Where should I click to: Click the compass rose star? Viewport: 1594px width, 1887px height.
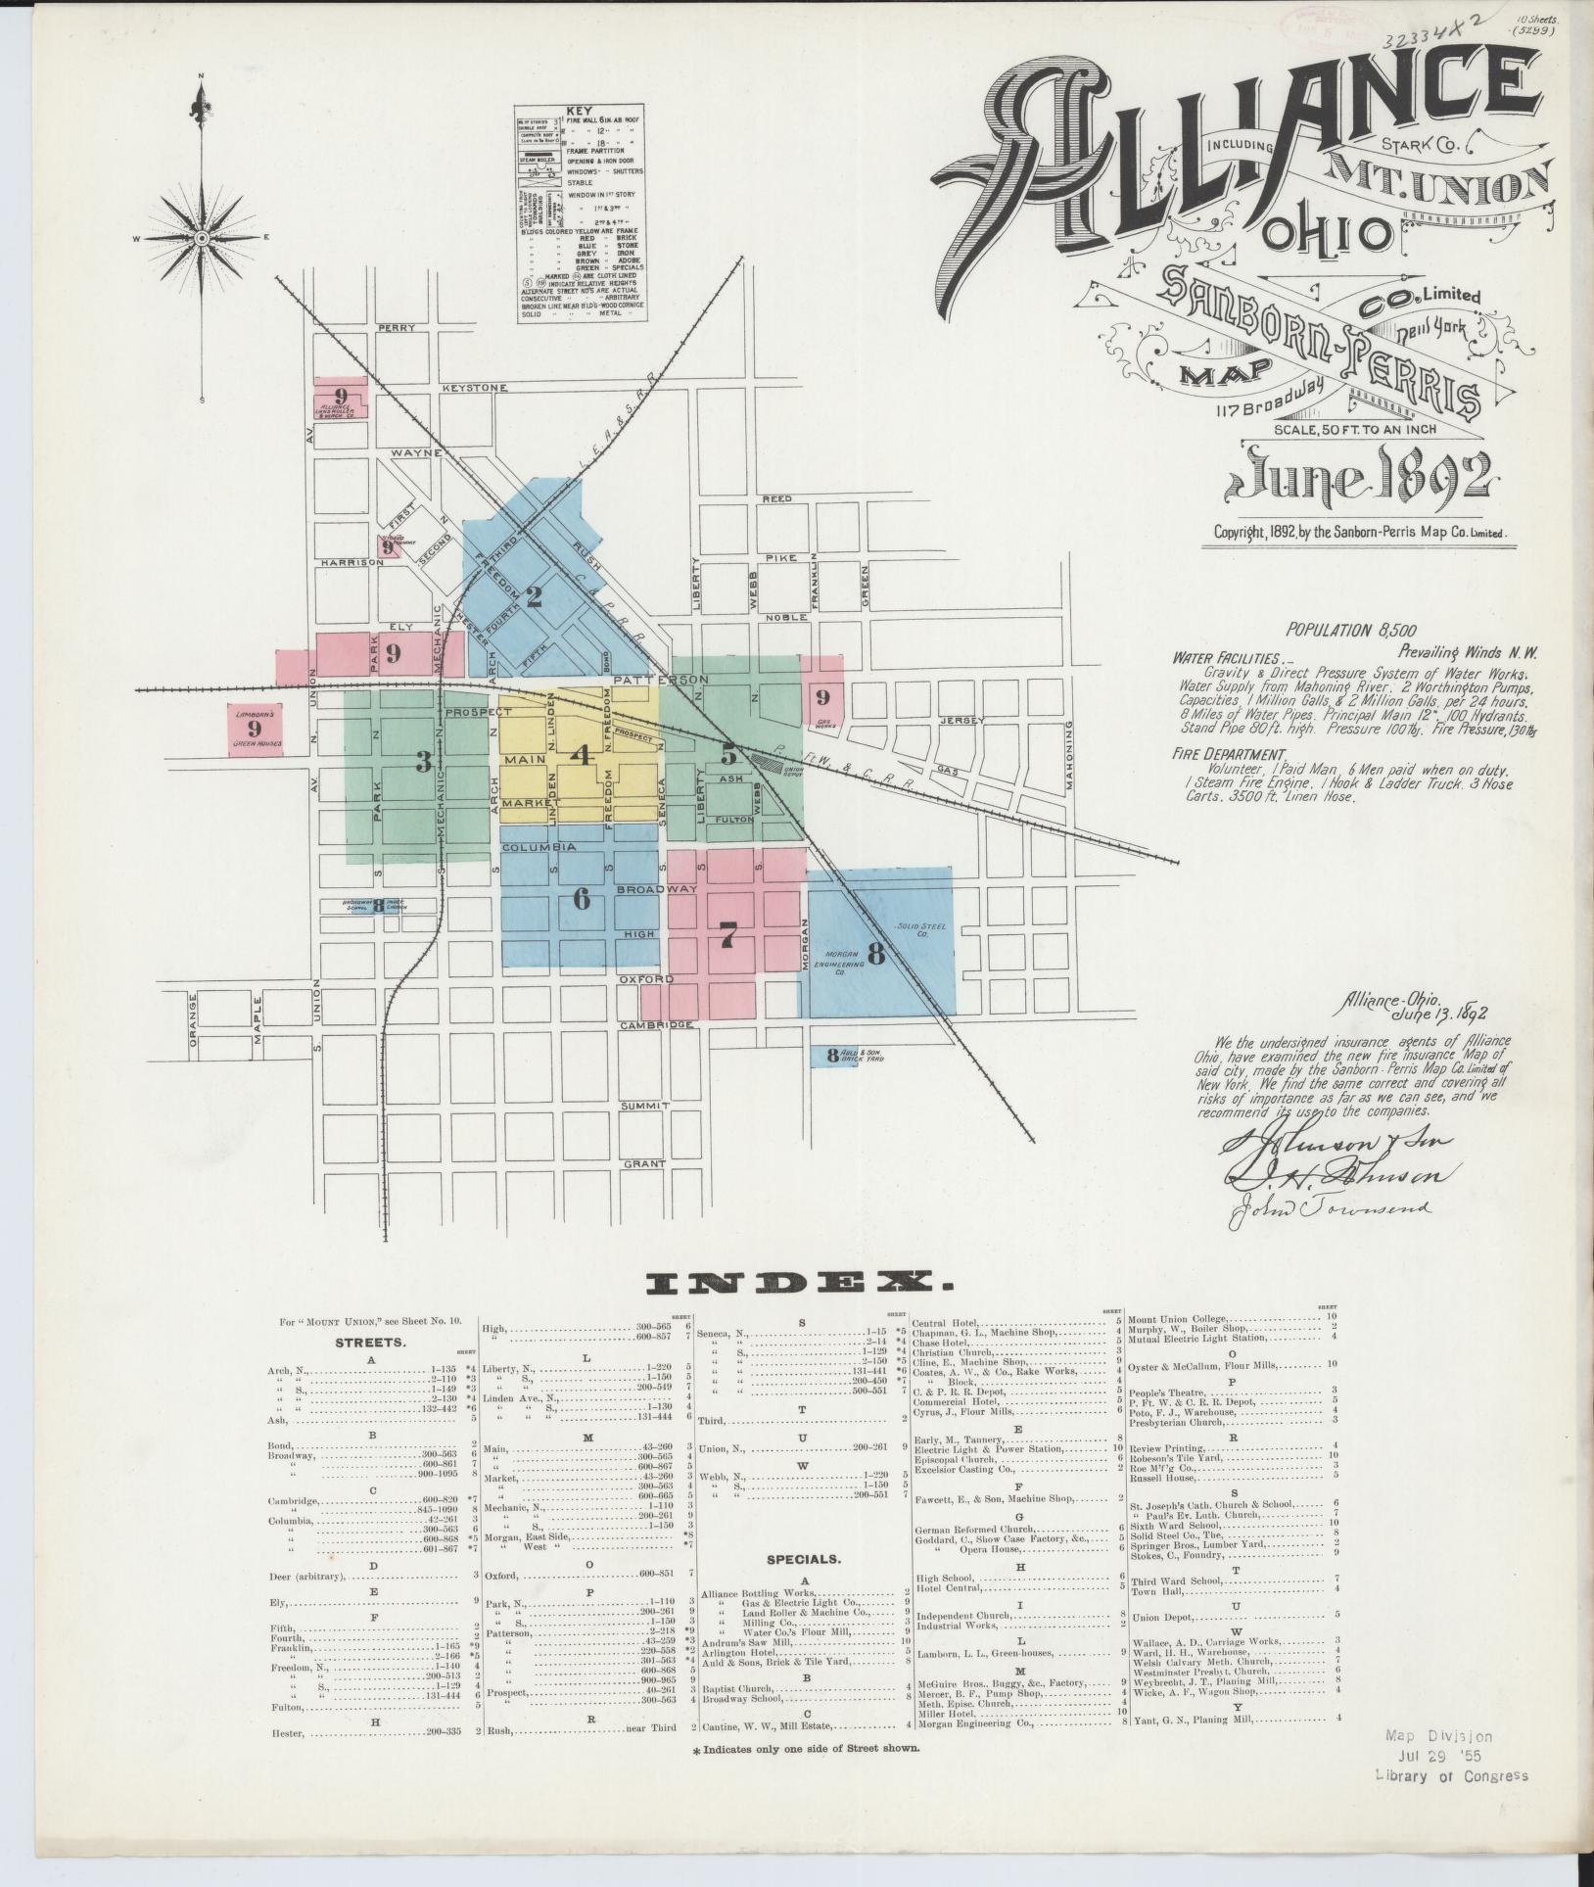tap(202, 238)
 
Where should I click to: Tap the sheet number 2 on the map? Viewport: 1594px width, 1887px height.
tap(534, 596)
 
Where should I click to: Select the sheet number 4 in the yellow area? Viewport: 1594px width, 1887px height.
tap(582, 755)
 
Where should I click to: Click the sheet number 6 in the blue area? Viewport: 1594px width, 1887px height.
tap(581, 899)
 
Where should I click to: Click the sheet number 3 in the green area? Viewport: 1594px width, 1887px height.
tap(423, 761)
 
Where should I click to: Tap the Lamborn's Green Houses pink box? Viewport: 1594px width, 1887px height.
tap(255, 731)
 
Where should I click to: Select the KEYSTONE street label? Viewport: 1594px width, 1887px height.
tap(475, 389)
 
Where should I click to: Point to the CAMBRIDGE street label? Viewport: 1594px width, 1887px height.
tap(656, 1025)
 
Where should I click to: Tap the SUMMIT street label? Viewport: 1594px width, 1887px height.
tap(644, 1106)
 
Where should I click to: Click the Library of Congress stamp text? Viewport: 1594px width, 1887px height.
tap(1452, 1776)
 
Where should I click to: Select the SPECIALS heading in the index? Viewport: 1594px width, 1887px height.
tap(802, 1585)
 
